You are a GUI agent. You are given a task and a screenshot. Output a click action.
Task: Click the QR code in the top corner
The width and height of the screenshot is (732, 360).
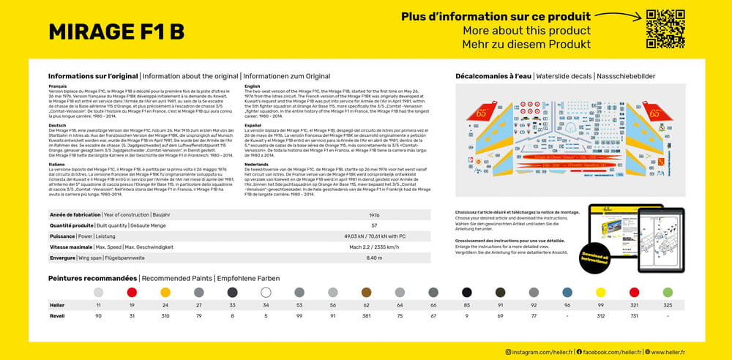click(x=665, y=29)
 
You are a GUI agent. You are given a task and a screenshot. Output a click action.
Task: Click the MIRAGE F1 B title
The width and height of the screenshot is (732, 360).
click(x=117, y=31)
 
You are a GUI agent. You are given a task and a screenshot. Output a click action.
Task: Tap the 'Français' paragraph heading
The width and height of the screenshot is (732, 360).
click(x=58, y=86)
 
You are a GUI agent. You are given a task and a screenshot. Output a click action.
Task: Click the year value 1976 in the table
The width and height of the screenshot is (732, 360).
click(x=374, y=215)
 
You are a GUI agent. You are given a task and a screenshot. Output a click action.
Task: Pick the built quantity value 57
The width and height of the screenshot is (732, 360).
click(x=374, y=226)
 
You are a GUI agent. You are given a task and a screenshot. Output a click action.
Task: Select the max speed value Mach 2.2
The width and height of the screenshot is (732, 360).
click(x=374, y=247)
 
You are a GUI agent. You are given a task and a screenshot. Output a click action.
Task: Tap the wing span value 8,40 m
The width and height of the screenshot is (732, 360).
click(x=374, y=258)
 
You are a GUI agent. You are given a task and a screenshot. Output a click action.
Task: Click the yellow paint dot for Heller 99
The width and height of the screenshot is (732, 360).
click(x=600, y=293)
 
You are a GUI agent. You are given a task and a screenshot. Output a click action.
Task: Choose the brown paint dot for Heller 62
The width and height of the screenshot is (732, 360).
click(x=365, y=293)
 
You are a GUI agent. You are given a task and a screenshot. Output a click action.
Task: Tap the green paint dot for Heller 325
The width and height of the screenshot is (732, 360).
click(x=668, y=293)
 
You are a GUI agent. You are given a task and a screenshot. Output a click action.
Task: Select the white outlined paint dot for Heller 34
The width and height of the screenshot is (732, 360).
click(x=266, y=293)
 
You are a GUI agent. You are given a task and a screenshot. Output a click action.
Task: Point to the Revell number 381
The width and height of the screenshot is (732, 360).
click(x=365, y=315)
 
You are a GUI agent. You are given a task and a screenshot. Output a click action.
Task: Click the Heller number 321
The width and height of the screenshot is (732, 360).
click(x=634, y=304)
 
